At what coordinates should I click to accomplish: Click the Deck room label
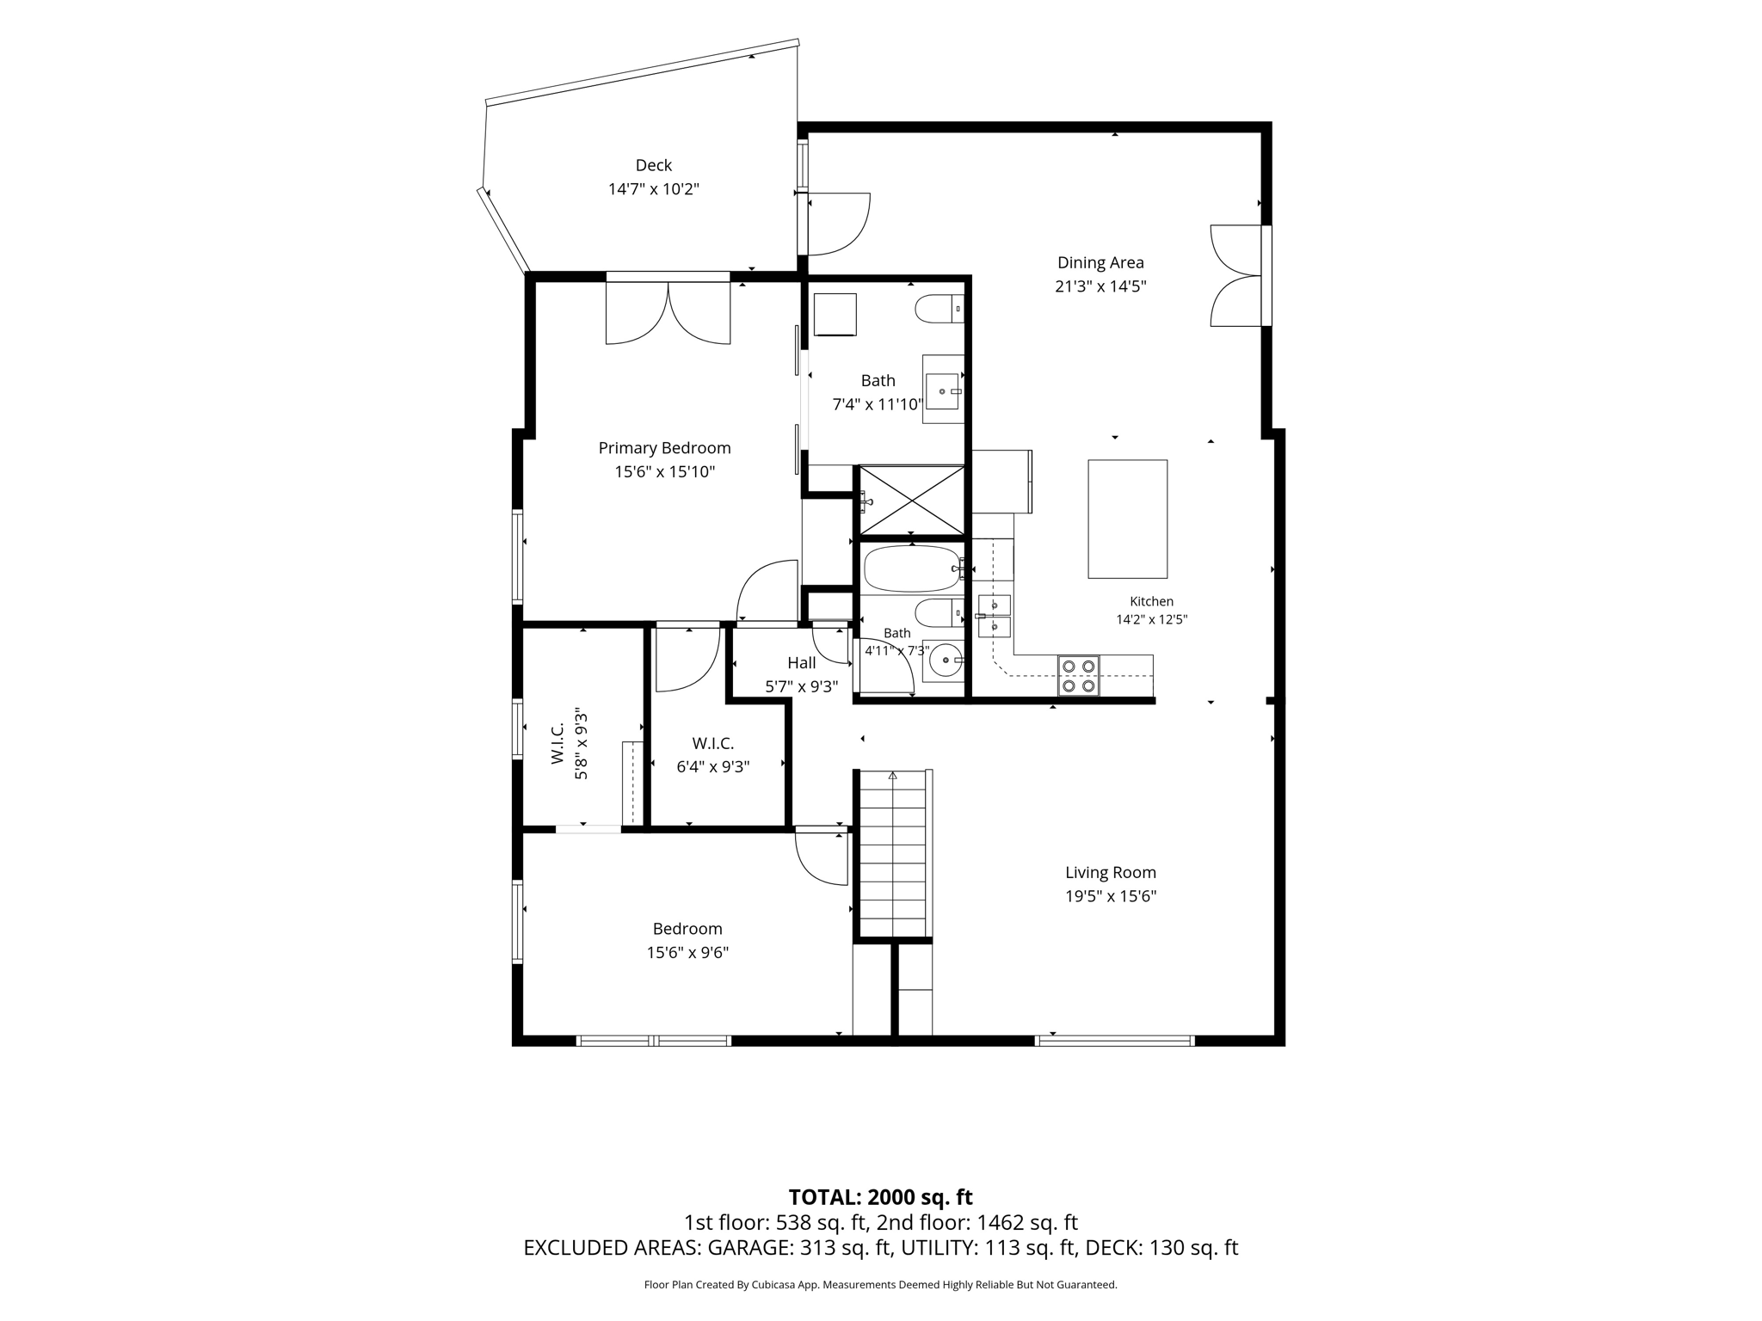pos(654,165)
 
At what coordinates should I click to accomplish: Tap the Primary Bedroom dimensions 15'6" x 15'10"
pos(665,471)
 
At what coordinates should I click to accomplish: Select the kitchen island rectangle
pos(1127,519)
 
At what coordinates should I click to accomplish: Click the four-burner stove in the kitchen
pos(1078,675)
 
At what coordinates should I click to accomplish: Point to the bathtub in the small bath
pos(912,568)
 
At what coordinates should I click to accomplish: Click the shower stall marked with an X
pos(912,501)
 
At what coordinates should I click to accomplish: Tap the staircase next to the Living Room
pos(893,853)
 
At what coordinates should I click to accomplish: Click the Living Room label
pos(1111,872)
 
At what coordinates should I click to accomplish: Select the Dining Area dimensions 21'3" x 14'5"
pos(1100,286)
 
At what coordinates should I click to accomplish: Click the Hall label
pos(802,663)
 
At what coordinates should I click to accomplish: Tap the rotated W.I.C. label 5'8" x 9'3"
pos(570,744)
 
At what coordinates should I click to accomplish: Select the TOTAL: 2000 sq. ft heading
pos(880,1197)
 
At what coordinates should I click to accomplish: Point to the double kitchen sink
pos(995,616)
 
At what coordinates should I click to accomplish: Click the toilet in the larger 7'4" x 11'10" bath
pos(939,309)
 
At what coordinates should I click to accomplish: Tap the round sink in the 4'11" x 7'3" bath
pos(945,660)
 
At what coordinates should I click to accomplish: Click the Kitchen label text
pos(1151,602)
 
